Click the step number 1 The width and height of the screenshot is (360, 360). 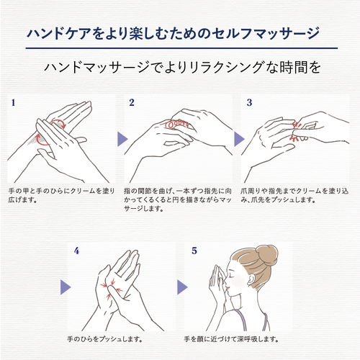pos(13,103)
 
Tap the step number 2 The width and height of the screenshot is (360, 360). pos(132,102)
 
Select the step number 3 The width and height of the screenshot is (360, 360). pos(249,102)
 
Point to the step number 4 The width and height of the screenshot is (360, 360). pos(76,251)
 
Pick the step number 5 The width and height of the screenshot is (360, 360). pos(194,251)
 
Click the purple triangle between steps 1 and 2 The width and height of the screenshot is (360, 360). pos(122,139)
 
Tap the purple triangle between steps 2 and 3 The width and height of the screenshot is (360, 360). pos(239,139)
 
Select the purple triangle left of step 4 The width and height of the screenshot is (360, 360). pos(66,287)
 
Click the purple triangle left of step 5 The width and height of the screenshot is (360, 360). pos(182,287)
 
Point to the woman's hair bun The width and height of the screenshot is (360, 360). pos(267,253)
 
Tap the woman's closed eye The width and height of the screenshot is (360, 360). pos(232,275)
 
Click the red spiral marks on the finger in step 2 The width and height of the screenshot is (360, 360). pos(177,123)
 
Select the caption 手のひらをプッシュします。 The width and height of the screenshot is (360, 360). pos(105,339)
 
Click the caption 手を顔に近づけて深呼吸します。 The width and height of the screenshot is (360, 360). pos(231,339)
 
